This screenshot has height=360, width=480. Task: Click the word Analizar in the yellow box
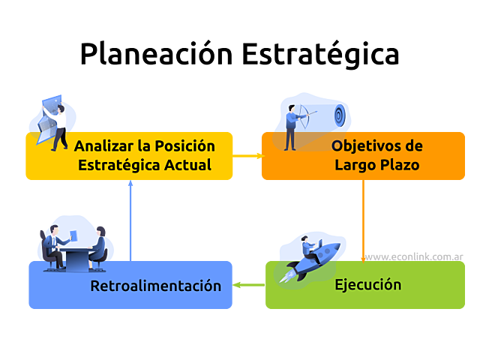point(103,145)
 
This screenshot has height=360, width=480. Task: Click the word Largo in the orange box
point(356,164)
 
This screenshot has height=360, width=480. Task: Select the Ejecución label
point(367,285)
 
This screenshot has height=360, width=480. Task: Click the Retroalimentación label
point(155,286)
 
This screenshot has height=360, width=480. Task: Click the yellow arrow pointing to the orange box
point(249,156)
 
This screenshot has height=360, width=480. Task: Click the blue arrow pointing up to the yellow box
point(130,221)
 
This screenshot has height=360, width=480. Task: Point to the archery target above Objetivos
point(339,115)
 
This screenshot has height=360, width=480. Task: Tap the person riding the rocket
point(308,247)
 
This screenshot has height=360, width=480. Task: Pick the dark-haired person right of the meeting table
point(100,244)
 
